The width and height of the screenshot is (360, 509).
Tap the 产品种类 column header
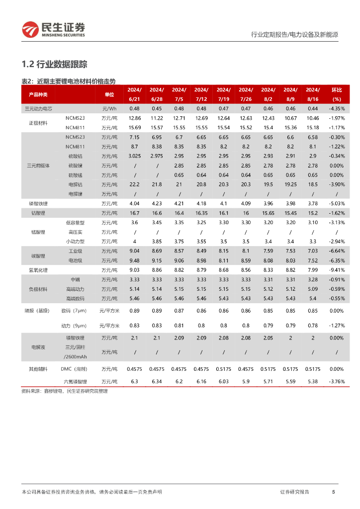click(x=38, y=94)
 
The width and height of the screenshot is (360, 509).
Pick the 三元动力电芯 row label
click(x=38, y=108)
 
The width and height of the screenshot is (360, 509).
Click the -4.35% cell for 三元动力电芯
click(x=337, y=108)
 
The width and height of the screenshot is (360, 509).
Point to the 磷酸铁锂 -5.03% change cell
click(x=337, y=203)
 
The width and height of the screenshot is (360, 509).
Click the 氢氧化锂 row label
click(x=38, y=270)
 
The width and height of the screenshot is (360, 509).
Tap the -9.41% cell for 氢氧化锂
click(x=337, y=270)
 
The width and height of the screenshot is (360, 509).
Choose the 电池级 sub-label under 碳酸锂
click(x=76, y=260)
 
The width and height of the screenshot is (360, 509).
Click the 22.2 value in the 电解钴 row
click(x=134, y=184)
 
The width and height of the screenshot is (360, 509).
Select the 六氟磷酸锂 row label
click(x=76, y=381)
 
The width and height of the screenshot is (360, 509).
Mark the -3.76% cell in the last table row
click(x=337, y=381)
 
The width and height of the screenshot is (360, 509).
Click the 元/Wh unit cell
click(x=109, y=108)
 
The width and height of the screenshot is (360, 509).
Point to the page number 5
click(x=333, y=492)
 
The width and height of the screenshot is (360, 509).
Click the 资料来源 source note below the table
click(x=65, y=391)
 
